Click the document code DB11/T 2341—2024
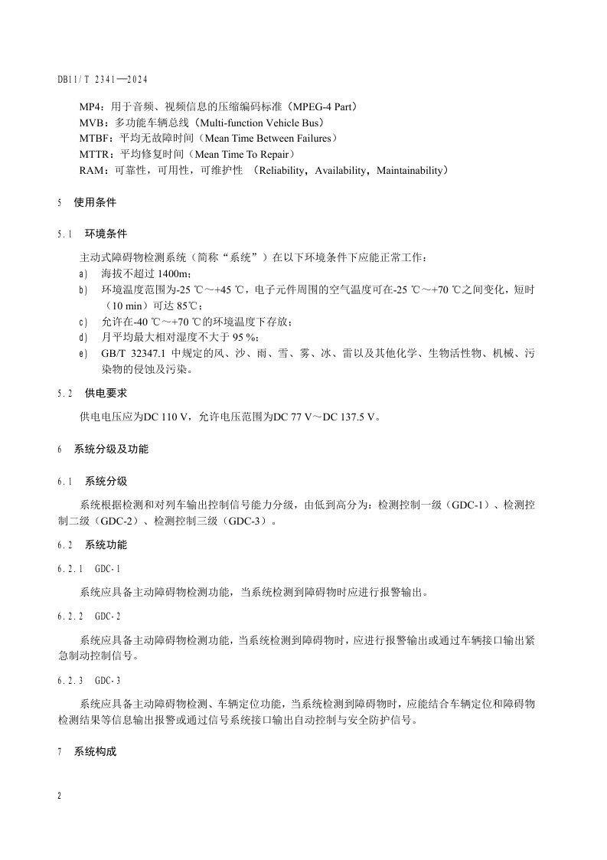point(102,80)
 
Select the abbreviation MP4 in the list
point(90,106)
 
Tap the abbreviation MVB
point(92,123)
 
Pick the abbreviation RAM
point(91,171)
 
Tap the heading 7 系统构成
point(87,752)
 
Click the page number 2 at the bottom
point(60,796)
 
